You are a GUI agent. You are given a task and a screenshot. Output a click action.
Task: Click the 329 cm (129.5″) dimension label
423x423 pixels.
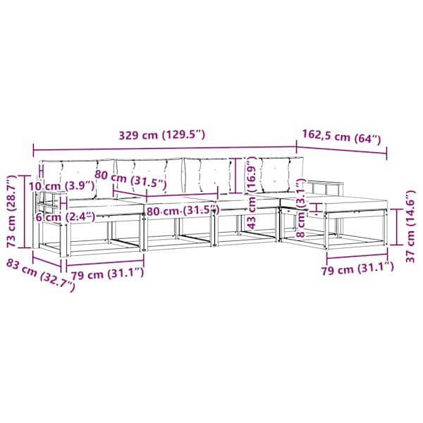[x=162, y=135]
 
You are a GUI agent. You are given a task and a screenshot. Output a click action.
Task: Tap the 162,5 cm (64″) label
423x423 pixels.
[x=341, y=137]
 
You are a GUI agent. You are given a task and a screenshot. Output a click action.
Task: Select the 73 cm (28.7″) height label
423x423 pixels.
[x=12, y=211]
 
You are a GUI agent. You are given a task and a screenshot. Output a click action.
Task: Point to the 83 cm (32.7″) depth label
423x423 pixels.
[x=40, y=275]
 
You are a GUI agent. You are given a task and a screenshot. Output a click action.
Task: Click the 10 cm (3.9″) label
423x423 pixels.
[x=62, y=186]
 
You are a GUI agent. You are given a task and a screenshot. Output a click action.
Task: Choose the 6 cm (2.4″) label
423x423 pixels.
[x=66, y=217]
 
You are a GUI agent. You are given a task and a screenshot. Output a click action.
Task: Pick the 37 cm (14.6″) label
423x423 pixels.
[x=410, y=226]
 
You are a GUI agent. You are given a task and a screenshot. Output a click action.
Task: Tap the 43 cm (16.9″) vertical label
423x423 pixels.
[x=251, y=194]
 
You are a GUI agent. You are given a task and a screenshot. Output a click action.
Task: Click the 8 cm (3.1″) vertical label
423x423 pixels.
[x=300, y=208]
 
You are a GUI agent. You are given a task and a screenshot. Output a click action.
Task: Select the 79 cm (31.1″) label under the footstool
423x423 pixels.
[x=357, y=268]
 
